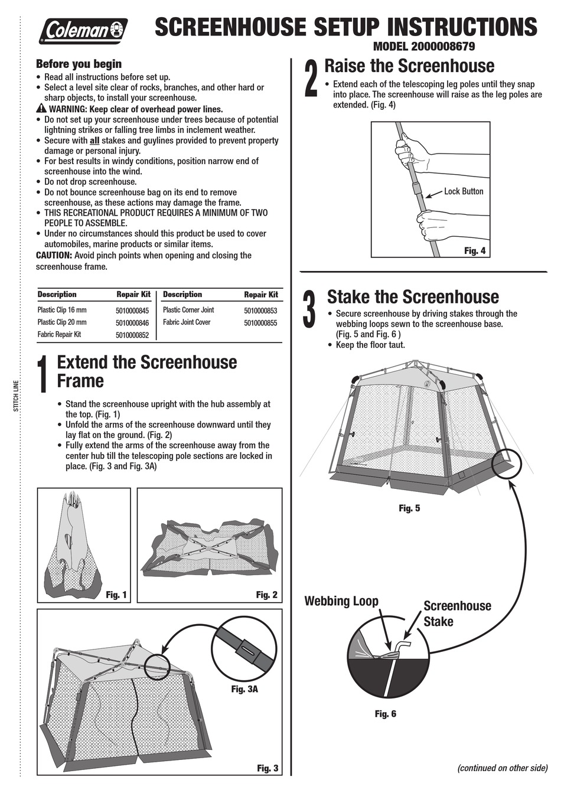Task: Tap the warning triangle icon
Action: point(41,109)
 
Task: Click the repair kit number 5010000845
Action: point(132,310)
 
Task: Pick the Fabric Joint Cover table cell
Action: point(187,322)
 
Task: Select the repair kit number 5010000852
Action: point(132,335)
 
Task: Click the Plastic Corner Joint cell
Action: point(188,310)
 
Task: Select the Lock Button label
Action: point(464,191)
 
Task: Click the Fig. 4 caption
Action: point(474,251)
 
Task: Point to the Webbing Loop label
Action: point(341,601)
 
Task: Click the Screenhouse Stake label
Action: point(456,613)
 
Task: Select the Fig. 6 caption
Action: point(385,714)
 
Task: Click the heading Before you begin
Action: point(79,64)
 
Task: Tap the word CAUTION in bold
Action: point(54,256)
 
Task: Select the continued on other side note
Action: point(503,768)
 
